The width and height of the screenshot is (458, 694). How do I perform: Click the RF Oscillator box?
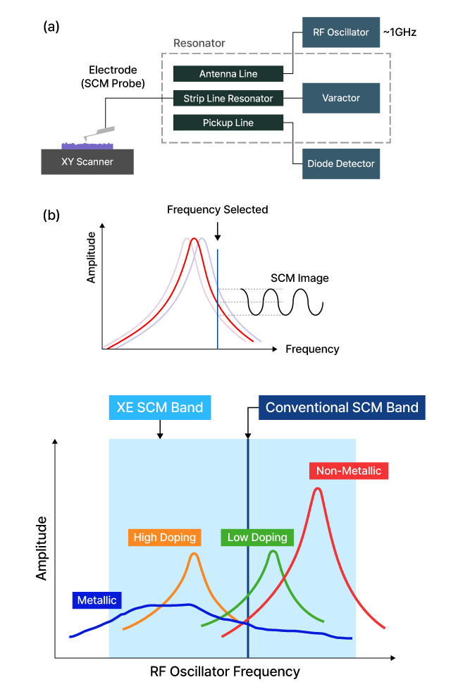pyautogui.click(x=341, y=32)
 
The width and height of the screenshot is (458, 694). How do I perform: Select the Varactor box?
pyautogui.click(x=341, y=98)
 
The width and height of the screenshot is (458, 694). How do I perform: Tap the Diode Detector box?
pyautogui.click(x=341, y=163)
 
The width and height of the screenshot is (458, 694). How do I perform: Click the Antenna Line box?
pyautogui.click(x=228, y=74)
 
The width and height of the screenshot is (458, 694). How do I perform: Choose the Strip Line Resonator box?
pyautogui.click(x=228, y=99)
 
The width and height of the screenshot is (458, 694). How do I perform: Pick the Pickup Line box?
pyautogui.click(x=228, y=123)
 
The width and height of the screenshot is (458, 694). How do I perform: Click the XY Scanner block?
pyautogui.click(x=87, y=161)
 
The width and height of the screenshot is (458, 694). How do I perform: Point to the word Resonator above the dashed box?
pyautogui.click(x=199, y=44)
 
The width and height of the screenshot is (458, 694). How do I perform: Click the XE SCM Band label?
pyautogui.click(x=160, y=407)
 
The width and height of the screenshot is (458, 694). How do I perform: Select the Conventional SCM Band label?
pyautogui.click(x=342, y=407)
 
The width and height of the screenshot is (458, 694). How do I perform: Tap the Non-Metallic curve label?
pyautogui.click(x=349, y=471)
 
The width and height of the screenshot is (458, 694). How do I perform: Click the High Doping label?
pyautogui.click(x=165, y=537)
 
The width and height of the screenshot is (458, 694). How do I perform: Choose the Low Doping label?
pyautogui.click(x=257, y=537)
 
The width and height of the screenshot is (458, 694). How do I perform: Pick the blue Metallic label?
pyautogui.click(x=97, y=600)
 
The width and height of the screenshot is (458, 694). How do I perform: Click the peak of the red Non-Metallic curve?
pyautogui.click(x=318, y=488)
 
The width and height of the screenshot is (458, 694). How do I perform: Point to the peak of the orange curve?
pyautogui.click(x=194, y=554)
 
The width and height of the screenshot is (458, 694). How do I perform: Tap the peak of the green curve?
pyautogui.click(x=273, y=551)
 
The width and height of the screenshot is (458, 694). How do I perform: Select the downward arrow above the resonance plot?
pyautogui.click(x=218, y=233)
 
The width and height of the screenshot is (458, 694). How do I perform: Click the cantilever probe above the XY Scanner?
pyautogui.click(x=99, y=133)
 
